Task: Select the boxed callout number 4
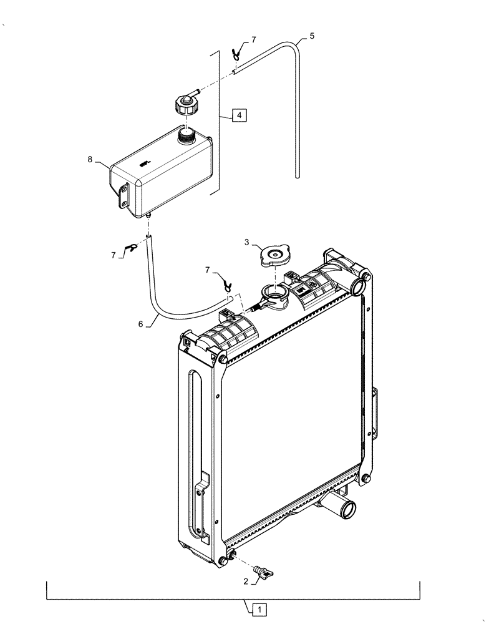240,115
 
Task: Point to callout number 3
248,241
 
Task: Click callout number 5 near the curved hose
311,36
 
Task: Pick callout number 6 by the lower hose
141,324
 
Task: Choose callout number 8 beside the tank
91,160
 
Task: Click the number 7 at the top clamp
253,39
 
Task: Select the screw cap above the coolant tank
185,104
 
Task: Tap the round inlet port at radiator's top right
359,286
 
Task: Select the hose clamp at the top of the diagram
238,50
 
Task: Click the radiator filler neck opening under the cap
273,292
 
